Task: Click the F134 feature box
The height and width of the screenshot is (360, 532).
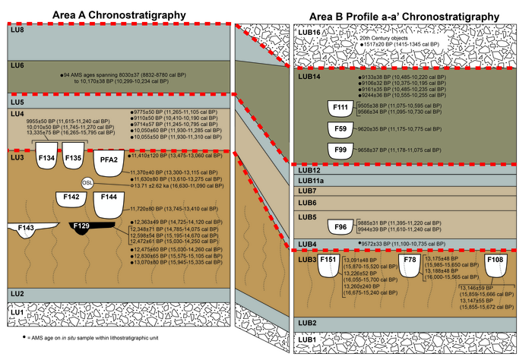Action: pyautogui.click(x=46, y=159)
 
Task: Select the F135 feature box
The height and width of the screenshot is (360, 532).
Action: pyautogui.click(x=73, y=159)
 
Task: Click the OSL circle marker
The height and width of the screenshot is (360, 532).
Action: pyautogui.click(x=89, y=183)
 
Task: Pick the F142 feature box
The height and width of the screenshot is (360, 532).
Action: pyautogui.click(x=72, y=199)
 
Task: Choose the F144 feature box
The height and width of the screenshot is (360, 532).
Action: pyautogui.click(x=109, y=201)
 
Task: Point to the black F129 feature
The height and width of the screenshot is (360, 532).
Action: pyautogui.click(x=82, y=228)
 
